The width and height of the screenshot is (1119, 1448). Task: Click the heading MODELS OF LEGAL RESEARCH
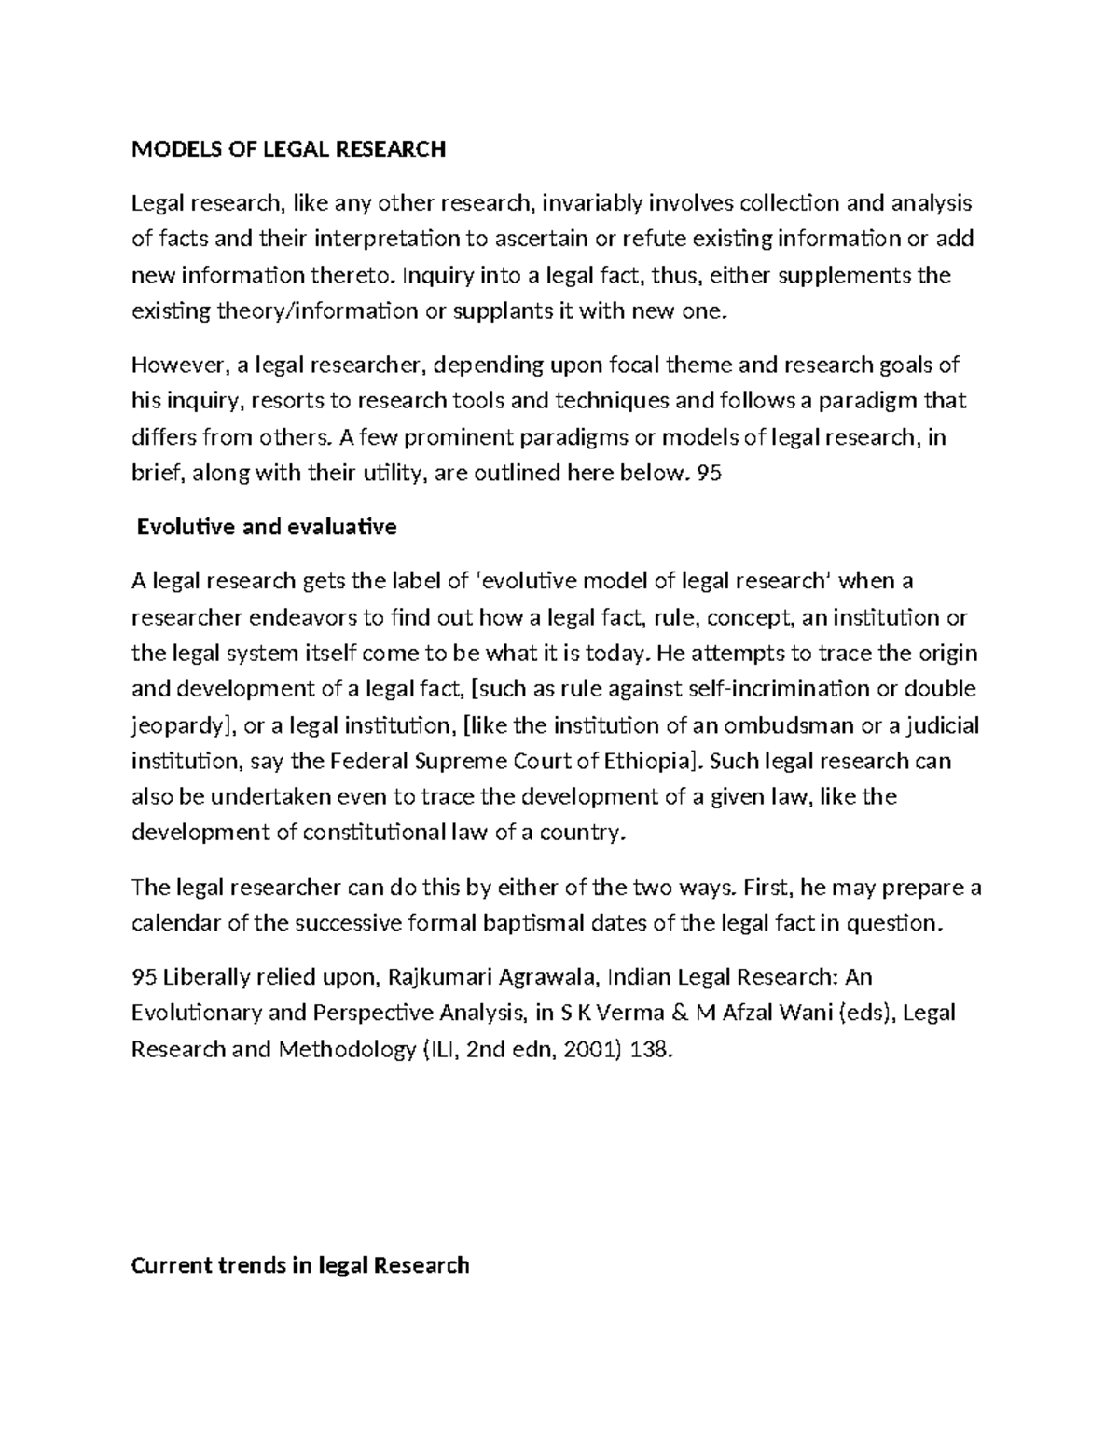[288, 149]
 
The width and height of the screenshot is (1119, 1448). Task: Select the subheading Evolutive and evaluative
[267, 528]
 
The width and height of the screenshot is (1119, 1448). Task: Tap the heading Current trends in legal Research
[300, 1265]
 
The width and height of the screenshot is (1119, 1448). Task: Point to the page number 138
[650, 1050]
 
